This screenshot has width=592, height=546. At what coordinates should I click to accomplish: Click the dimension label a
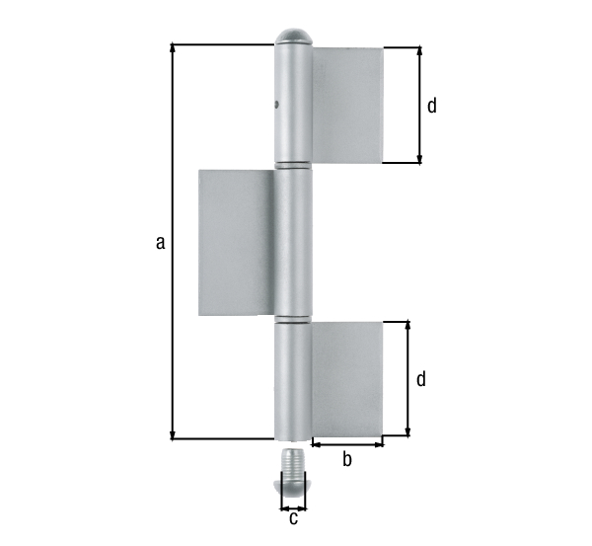160,242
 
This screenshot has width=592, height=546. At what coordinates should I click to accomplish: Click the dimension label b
347,458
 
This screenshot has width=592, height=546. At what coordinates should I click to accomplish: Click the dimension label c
293,517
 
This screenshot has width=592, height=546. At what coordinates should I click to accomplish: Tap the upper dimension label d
432,106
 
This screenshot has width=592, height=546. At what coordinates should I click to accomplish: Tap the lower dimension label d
421,379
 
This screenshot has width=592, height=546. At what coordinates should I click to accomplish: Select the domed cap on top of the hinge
293,37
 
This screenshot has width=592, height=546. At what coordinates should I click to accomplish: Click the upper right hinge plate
346,105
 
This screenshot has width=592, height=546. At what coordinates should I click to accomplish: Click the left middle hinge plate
236,242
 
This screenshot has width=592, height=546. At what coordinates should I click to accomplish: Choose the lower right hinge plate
346,378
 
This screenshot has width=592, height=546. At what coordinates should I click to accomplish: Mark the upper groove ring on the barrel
293,164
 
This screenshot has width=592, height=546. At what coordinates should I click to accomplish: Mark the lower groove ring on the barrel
293,319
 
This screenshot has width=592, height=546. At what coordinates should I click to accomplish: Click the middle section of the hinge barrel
293,242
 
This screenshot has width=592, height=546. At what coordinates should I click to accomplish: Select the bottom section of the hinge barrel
293,380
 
